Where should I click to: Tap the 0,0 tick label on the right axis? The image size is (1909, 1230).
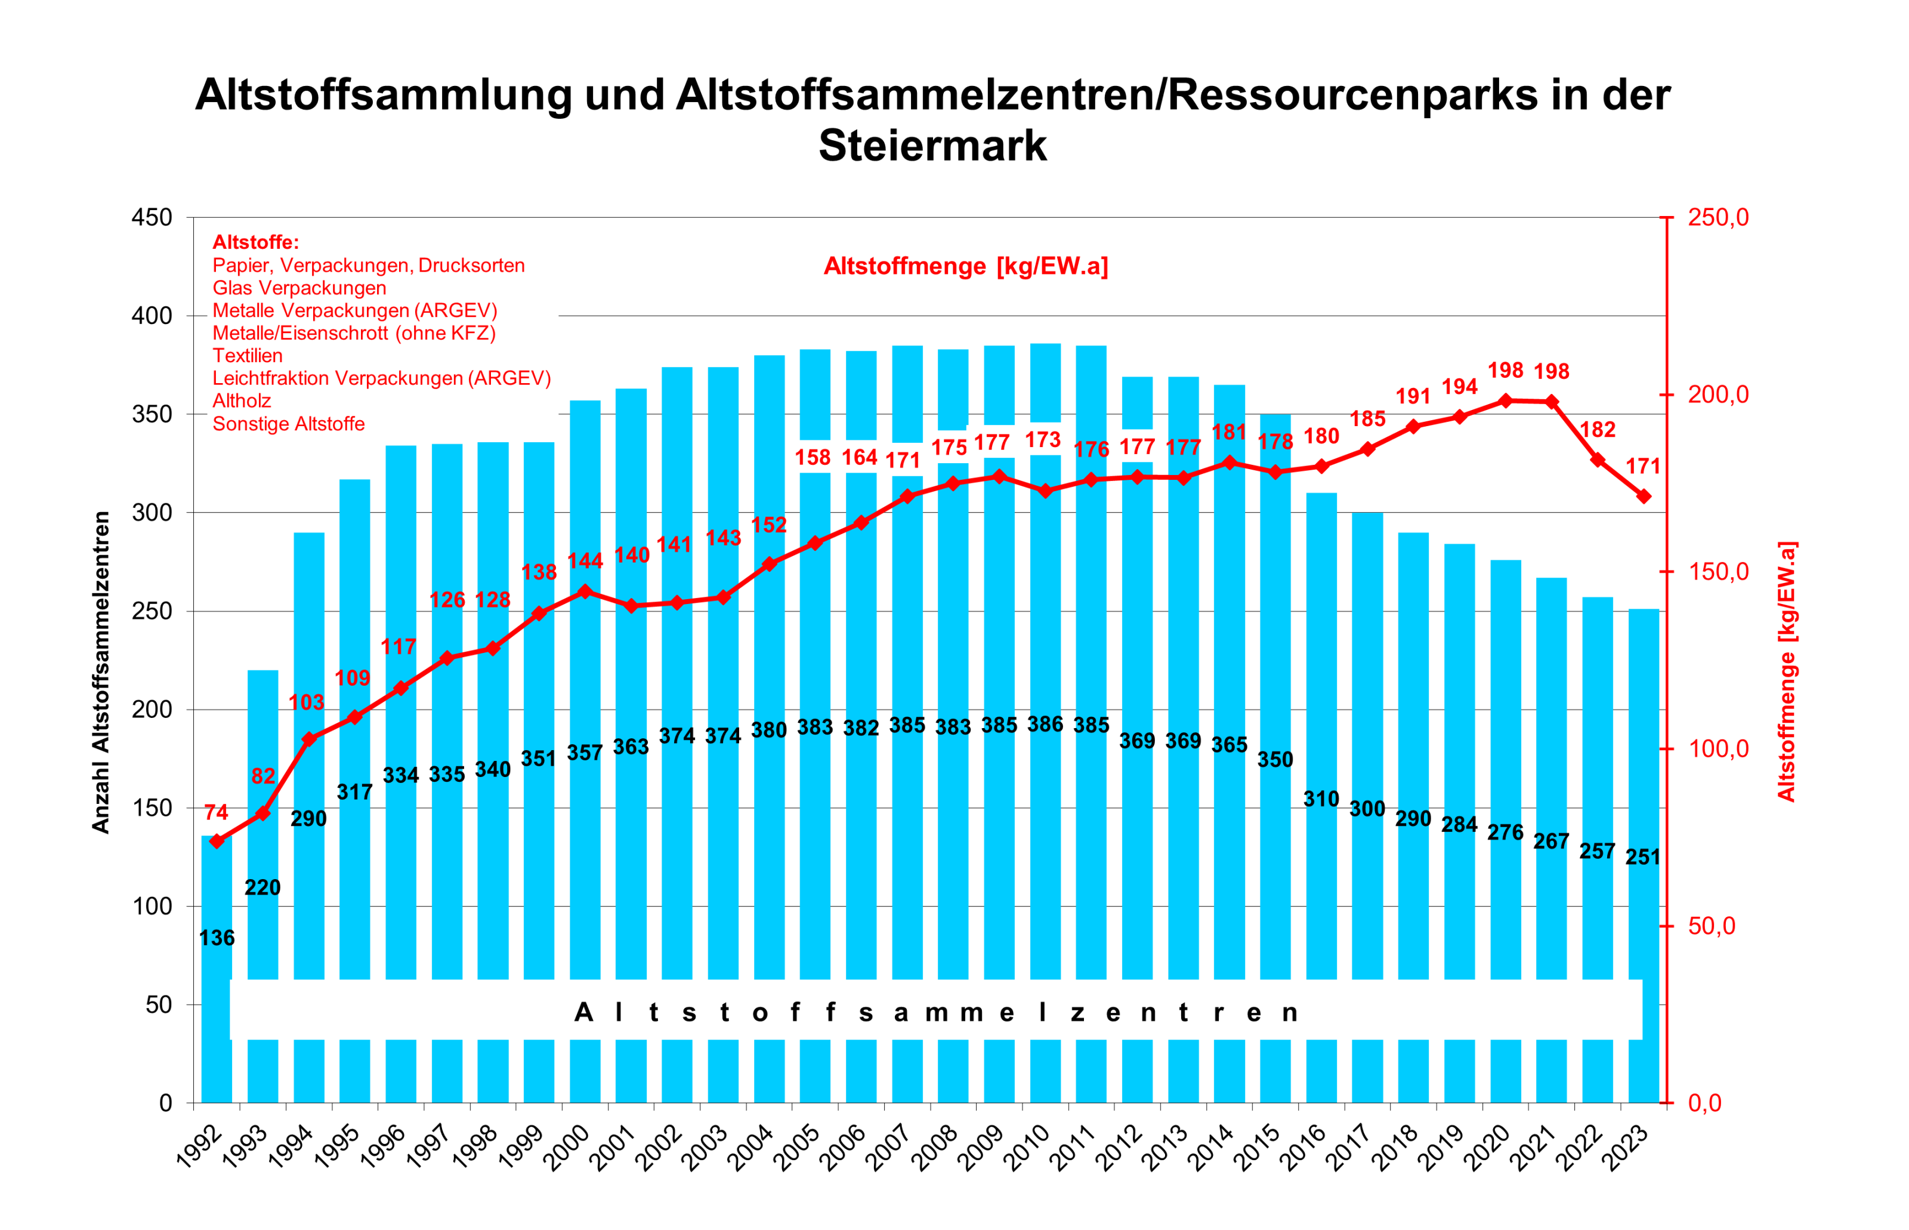1704,1103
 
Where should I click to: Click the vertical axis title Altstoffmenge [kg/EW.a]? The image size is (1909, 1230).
1786,671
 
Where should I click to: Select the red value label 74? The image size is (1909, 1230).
217,812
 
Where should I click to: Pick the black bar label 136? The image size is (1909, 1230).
217,937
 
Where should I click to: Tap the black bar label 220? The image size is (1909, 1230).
262,887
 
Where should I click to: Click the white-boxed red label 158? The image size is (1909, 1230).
813,457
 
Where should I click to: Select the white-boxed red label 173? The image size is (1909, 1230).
1043,439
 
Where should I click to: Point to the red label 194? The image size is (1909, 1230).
1460,387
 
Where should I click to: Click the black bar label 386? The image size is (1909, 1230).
1045,725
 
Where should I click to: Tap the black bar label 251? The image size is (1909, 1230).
1643,857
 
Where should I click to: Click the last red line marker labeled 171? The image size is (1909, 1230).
1643,497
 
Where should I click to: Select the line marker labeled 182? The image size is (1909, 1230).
1598,460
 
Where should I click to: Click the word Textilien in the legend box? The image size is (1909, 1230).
248,356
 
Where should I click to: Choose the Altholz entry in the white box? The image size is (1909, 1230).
242,401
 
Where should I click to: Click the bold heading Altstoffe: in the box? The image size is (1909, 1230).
255,242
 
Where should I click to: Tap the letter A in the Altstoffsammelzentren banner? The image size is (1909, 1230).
583,1013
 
